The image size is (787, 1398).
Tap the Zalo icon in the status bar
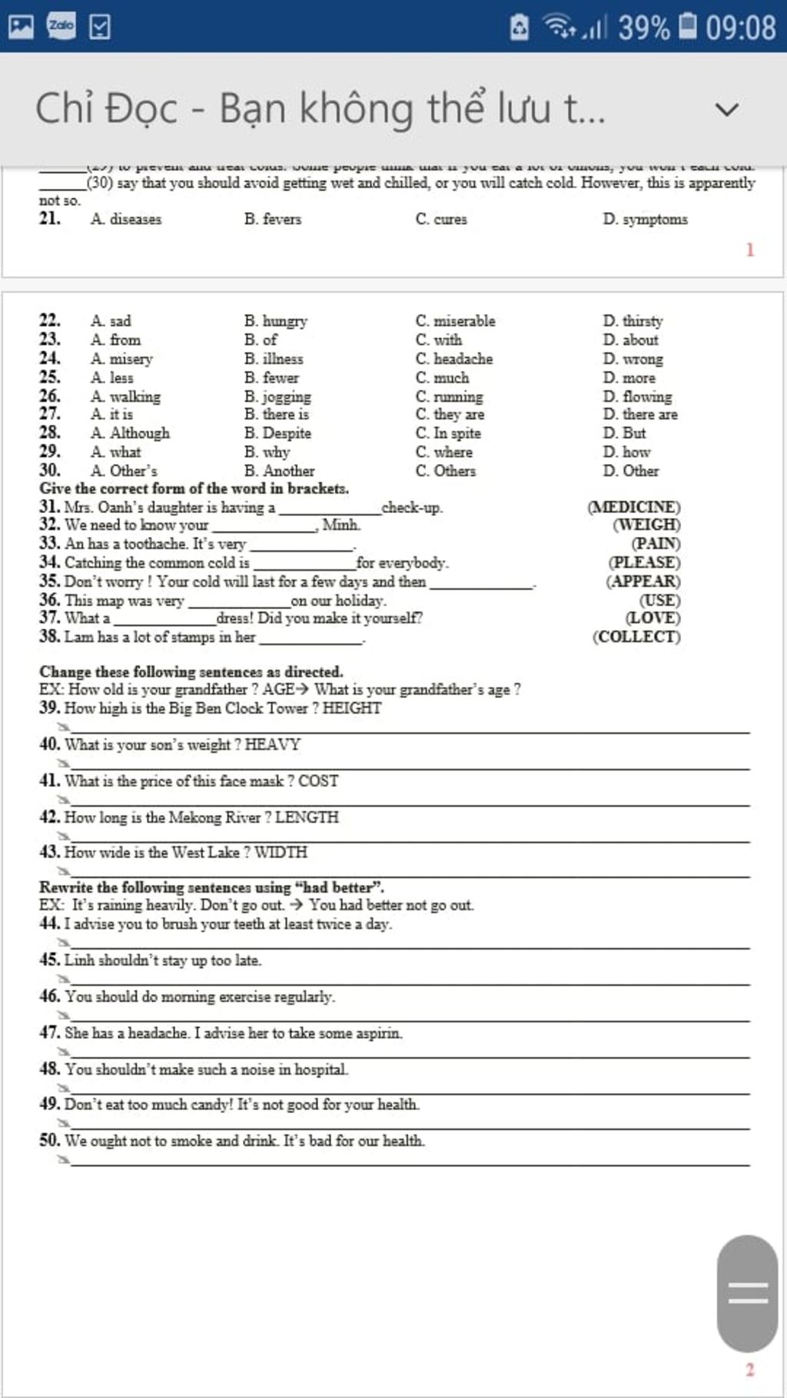[x=61, y=26]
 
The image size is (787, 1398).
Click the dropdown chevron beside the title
[x=726, y=109]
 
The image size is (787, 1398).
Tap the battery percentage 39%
[x=644, y=28]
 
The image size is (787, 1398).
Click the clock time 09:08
[x=741, y=28]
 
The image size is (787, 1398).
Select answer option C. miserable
[x=456, y=321]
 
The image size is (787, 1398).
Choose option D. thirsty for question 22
[x=633, y=321]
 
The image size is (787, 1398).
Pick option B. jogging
[x=278, y=396]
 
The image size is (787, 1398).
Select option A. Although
[x=131, y=433]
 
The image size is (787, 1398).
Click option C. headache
[x=454, y=359]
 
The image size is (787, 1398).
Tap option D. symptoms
[x=646, y=220]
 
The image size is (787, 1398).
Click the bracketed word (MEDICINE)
[x=634, y=507]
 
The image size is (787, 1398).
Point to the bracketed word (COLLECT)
[x=636, y=637]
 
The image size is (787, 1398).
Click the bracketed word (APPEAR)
[x=643, y=581]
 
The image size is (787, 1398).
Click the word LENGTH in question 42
[x=307, y=817]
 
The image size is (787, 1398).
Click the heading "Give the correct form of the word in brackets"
[x=194, y=489]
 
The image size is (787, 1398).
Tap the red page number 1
[x=750, y=250]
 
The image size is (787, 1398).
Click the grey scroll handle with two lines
[x=747, y=1294]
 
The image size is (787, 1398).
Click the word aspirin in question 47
[x=380, y=1033]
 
